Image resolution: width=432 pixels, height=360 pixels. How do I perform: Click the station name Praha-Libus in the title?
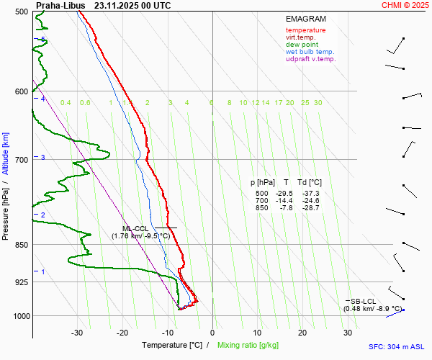(x=60, y=5)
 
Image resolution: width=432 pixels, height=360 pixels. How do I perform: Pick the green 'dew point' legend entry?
(x=302, y=45)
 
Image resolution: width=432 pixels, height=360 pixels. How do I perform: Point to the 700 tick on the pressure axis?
(x=20, y=159)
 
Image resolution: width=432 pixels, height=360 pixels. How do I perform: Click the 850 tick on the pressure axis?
(x=20, y=245)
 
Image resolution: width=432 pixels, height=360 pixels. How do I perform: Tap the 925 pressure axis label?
(x=20, y=282)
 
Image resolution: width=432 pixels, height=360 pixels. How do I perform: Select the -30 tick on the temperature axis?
(x=77, y=333)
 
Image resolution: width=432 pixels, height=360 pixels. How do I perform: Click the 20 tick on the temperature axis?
(x=303, y=333)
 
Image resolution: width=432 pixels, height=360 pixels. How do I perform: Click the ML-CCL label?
(x=135, y=228)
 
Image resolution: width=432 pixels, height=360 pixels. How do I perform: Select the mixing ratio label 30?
(x=318, y=103)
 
